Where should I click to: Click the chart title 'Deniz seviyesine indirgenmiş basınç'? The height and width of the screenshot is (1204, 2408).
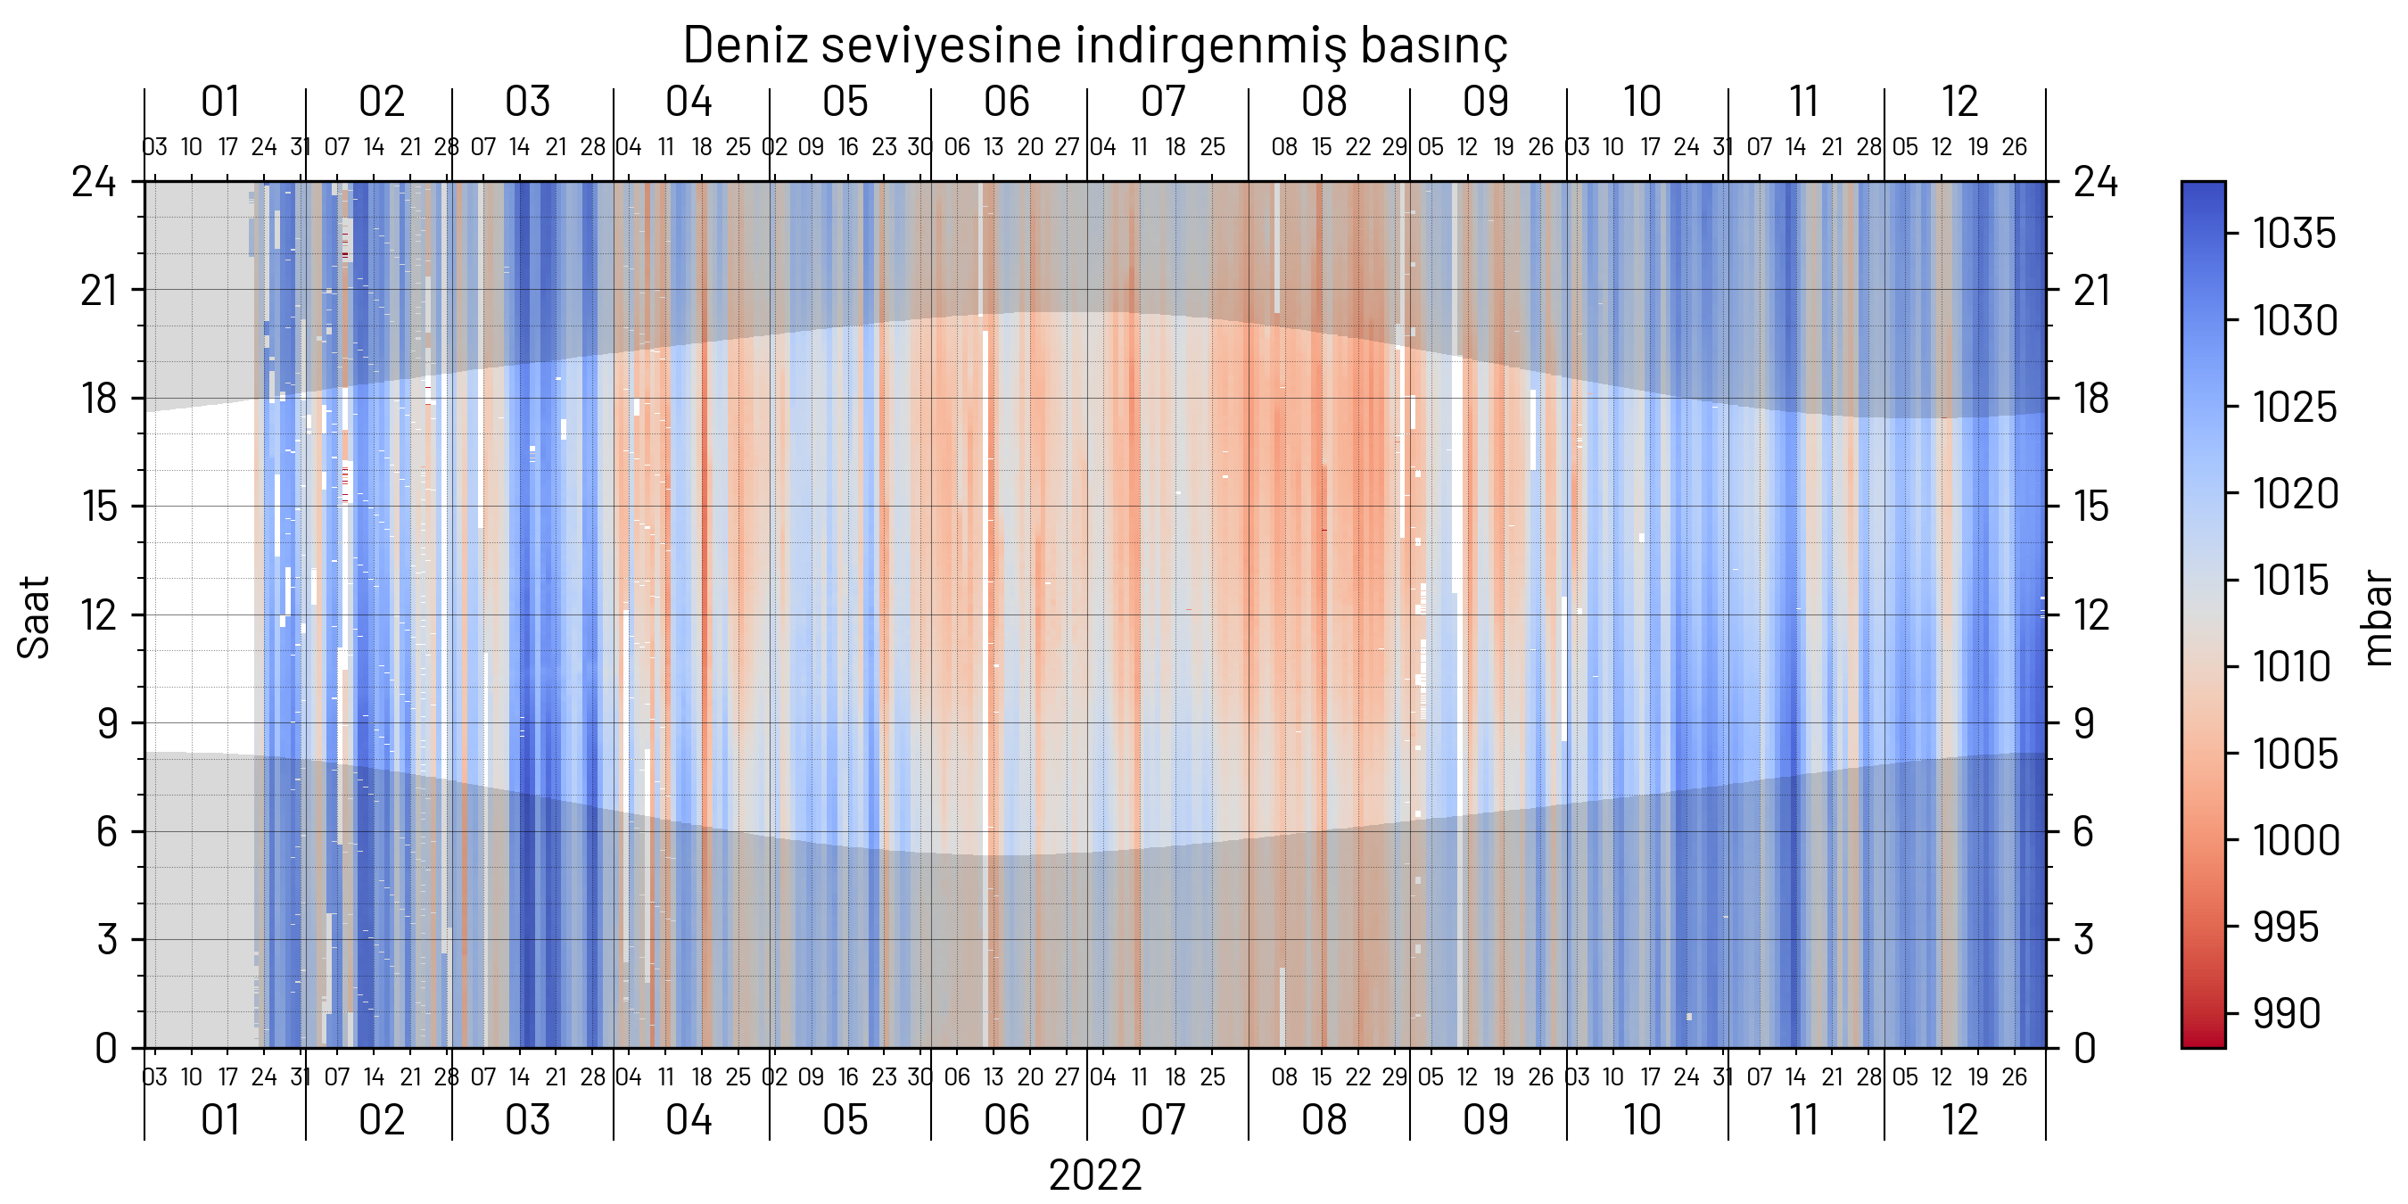(x=1094, y=45)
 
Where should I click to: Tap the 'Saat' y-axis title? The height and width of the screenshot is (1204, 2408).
(x=34, y=617)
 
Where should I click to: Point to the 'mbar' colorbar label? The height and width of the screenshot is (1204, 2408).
(x=2377, y=617)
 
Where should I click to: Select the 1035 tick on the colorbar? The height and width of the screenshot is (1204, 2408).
(x=2293, y=234)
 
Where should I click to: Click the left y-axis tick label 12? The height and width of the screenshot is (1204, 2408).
(x=99, y=615)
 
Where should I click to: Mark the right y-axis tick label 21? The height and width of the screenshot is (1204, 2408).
(x=2092, y=291)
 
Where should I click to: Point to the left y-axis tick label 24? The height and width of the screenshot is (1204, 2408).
(x=95, y=181)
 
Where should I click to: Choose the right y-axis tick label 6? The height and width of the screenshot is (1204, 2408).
(x=2083, y=832)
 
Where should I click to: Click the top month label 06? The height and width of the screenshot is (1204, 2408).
(x=1006, y=102)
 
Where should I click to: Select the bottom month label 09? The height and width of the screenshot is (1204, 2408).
(x=1485, y=1120)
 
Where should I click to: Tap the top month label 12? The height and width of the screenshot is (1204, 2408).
(x=1959, y=102)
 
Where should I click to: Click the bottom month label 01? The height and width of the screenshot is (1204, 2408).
(x=221, y=1120)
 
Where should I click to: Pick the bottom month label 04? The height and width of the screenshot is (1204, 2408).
(x=689, y=1120)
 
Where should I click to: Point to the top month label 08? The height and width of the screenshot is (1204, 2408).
(x=1324, y=102)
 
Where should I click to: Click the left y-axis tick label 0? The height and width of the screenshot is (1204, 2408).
(x=105, y=1049)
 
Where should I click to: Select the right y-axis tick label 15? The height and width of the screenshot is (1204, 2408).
(x=2092, y=507)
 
